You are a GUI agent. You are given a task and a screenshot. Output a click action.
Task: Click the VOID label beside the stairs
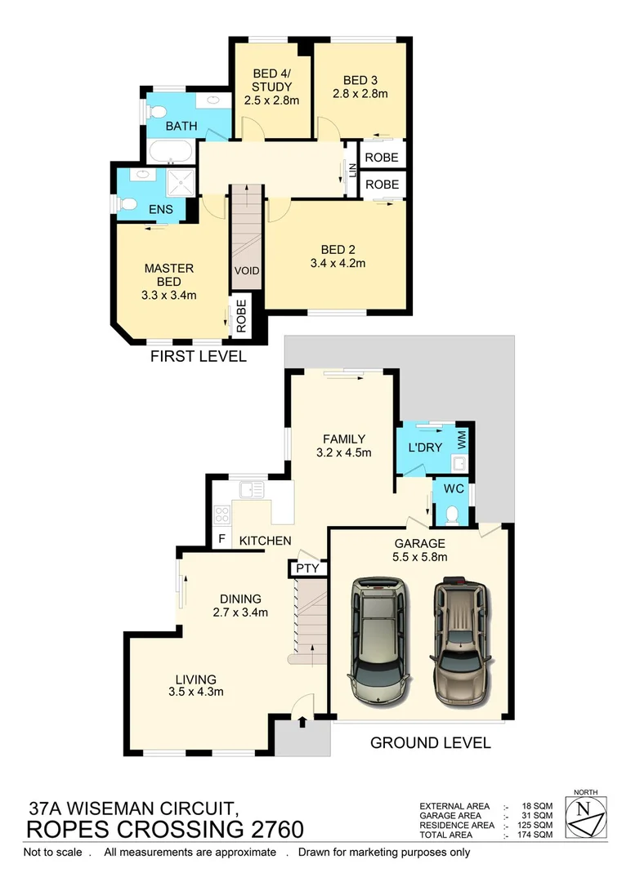246,271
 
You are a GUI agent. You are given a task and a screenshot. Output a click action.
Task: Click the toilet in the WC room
453,513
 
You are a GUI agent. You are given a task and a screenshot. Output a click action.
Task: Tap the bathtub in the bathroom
170,153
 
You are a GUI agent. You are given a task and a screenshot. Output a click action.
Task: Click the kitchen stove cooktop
222,514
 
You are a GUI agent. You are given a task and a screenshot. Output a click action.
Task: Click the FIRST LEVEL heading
197,357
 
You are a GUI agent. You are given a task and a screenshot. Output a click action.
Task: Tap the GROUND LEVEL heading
430,742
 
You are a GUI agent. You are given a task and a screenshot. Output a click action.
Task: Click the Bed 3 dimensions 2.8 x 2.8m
360,94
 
